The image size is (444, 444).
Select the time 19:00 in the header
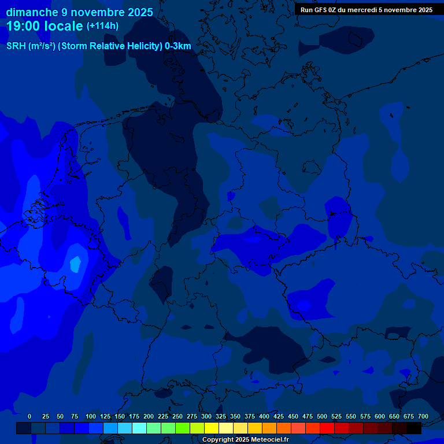[x=24, y=26]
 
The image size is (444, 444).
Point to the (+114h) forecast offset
[x=102, y=27]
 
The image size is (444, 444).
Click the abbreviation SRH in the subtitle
[x=16, y=46]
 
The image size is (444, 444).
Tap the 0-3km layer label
[x=178, y=46]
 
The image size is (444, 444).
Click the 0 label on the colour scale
[x=29, y=416]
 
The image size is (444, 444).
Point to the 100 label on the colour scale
[x=91, y=416]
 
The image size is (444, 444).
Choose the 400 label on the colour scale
[x=264, y=416]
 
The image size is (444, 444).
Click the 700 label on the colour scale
[x=423, y=416]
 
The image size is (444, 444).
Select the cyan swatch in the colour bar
[x=139, y=428]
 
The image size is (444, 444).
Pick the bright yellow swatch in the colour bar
[x=212, y=428]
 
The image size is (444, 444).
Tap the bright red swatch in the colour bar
[x=327, y=428]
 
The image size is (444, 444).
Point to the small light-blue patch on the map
[x=75, y=264]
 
